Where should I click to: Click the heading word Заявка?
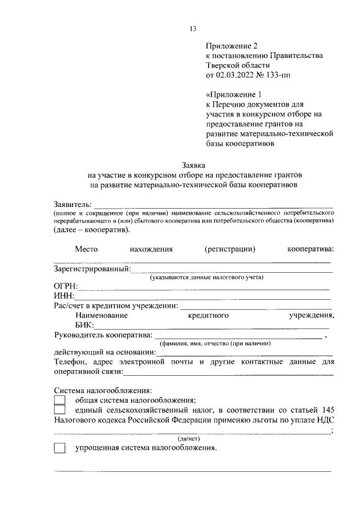click(x=193, y=165)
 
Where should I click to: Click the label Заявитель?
click(x=73, y=204)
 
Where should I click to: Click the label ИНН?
click(x=64, y=296)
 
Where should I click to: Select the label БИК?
click(x=85, y=325)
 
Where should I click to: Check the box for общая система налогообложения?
click(x=60, y=400)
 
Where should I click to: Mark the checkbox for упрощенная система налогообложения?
click(x=60, y=448)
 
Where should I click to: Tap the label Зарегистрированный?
click(x=92, y=269)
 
